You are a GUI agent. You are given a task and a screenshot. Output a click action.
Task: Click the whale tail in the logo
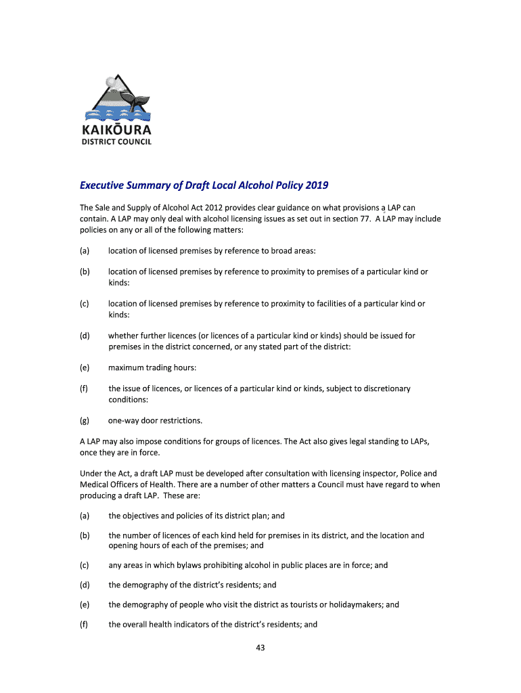coord(141,100)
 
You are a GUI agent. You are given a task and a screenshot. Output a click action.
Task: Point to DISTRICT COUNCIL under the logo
coord(117,141)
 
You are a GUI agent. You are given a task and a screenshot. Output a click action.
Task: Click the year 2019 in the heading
coord(317,185)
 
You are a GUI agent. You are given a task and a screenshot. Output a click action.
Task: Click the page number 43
coord(260,648)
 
